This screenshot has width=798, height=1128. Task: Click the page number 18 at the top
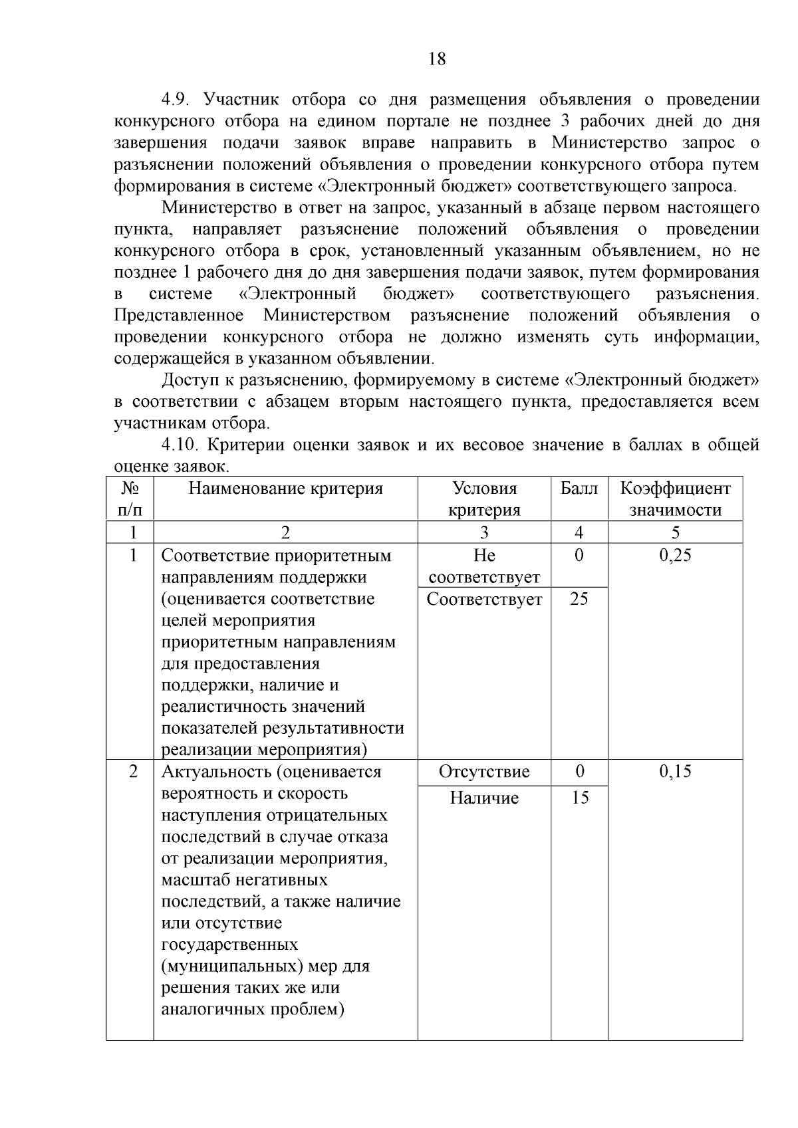(437, 59)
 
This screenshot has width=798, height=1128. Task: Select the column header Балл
(579, 489)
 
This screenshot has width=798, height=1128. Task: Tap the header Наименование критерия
(286, 489)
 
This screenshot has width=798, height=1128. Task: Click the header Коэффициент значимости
(675, 499)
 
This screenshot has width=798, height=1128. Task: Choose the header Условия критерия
(484, 499)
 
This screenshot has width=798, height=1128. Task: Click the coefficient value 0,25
(675, 556)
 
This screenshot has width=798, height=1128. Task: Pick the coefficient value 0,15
(675, 771)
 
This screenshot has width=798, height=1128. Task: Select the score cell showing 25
(579, 599)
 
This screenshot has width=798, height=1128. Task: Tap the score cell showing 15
(580, 798)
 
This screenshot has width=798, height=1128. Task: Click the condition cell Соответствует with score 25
(484, 599)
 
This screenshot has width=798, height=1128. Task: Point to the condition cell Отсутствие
(484, 772)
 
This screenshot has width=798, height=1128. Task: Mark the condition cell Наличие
(484, 798)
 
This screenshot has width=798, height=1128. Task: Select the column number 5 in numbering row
(675, 532)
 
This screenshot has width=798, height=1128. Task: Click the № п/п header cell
(130, 499)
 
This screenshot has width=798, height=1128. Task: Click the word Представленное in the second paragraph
(179, 315)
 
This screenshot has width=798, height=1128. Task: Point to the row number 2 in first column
(133, 771)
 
